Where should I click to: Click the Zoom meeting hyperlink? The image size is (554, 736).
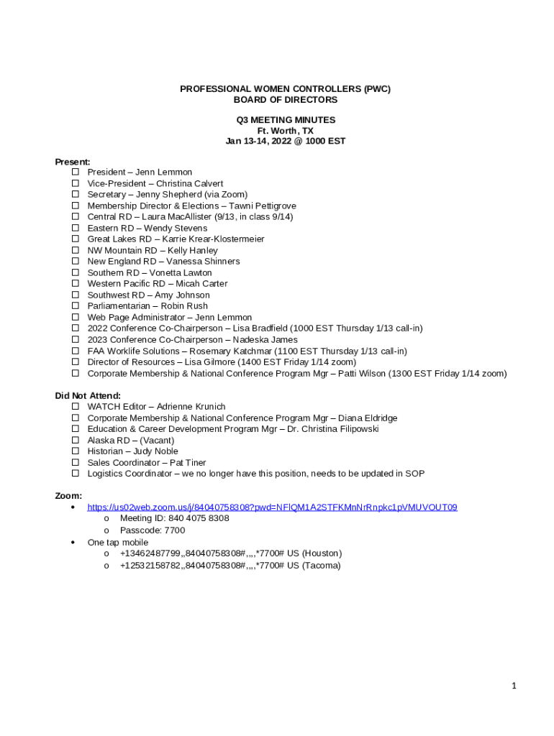coord(272,507)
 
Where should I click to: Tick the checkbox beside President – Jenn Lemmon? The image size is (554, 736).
coord(75,172)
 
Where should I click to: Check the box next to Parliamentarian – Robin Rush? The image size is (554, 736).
coord(75,306)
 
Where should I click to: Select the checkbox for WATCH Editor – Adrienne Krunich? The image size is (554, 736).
coord(75,407)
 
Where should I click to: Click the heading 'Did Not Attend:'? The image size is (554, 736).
coord(88,396)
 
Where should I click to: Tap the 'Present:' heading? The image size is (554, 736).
coord(73,162)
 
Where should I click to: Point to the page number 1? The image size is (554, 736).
coord(514,686)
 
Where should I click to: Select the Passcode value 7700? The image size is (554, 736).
coord(174,530)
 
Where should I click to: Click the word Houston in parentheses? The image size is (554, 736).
coord(322,553)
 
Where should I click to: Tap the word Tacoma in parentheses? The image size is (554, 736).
coord(321,566)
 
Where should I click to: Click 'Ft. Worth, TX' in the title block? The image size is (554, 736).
coord(286,131)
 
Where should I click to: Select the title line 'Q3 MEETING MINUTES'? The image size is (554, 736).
coord(286,120)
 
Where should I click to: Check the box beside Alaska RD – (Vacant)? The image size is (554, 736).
coord(75,441)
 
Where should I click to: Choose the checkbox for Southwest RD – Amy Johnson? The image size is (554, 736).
coord(75,295)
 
